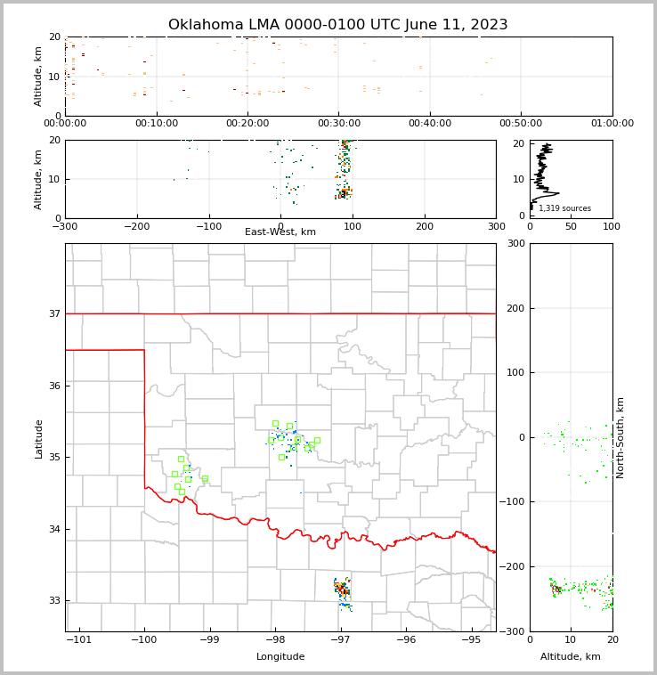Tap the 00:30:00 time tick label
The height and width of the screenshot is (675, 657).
click(339, 123)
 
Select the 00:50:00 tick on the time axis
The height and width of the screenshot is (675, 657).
click(521, 123)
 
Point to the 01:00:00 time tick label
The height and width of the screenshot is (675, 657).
click(612, 123)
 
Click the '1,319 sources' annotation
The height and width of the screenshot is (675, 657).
click(564, 208)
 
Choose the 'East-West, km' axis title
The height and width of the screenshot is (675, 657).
click(280, 232)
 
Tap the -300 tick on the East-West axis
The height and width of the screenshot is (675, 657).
click(65, 226)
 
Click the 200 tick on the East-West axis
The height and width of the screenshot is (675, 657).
click(425, 226)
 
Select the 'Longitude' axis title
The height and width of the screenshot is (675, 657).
click(280, 657)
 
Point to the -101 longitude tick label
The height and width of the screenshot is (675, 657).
click(78, 640)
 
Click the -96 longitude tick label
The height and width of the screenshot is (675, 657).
click(406, 640)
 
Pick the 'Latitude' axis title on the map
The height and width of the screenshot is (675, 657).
click(39, 438)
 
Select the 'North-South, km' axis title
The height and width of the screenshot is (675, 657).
click(620, 437)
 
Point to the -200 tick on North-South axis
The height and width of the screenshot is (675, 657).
click(513, 566)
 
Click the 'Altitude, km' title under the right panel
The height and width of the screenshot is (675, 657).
click(571, 657)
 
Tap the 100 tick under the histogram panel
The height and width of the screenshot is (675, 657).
click(612, 226)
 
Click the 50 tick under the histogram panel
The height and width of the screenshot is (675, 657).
click(571, 226)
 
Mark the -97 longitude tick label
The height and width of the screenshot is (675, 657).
click(340, 640)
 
